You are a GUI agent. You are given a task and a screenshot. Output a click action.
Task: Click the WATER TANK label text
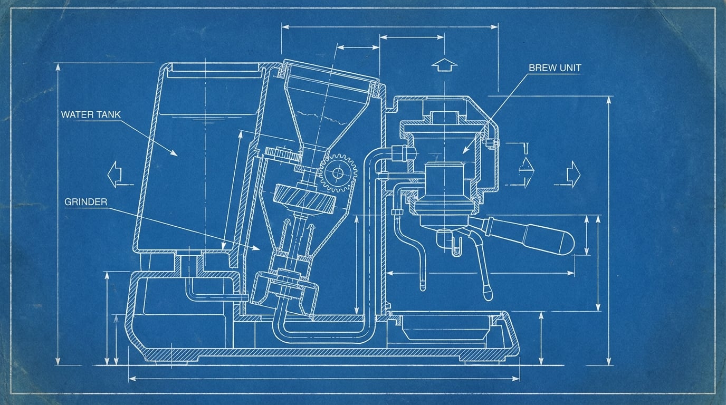(x=91, y=114)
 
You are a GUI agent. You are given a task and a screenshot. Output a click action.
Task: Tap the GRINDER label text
(x=86, y=202)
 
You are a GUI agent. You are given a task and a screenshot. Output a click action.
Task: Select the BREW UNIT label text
(x=555, y=68)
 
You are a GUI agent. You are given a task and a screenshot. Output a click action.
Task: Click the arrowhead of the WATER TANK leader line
(x=176, y=154)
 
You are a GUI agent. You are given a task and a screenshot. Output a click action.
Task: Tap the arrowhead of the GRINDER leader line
(x=259, y=248)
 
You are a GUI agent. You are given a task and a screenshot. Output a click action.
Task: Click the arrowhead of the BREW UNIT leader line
(x=464, y=152)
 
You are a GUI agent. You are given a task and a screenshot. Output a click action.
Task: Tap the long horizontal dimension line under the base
(x=324, y=378)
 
